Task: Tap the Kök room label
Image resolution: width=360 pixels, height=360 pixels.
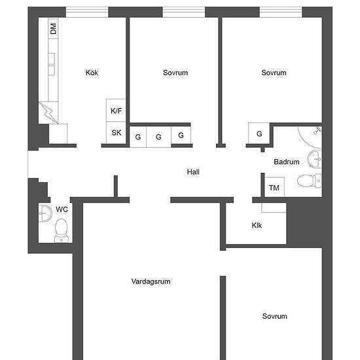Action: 92,73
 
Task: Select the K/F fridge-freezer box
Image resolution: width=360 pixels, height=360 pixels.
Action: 116,111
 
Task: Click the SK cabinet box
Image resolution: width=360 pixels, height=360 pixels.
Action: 116,133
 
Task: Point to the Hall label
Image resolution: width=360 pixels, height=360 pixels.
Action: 192,172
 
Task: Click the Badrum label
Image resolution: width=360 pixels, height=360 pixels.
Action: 287,162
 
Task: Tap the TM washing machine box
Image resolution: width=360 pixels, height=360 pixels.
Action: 274,188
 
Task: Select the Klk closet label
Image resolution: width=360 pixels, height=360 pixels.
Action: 257,226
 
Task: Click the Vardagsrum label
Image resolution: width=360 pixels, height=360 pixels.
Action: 151,281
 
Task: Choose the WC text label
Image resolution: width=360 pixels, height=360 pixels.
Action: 62,209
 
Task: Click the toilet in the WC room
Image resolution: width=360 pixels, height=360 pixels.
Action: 62,229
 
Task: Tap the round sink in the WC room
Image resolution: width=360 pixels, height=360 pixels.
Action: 45,212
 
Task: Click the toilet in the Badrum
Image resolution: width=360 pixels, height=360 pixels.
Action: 307,180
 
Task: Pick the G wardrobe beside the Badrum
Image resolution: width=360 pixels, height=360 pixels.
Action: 259,134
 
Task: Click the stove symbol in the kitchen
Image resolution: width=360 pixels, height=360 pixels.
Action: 48,112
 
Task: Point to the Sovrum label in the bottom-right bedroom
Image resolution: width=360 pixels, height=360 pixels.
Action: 274,316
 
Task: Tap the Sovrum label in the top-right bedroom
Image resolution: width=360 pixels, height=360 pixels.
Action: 274,73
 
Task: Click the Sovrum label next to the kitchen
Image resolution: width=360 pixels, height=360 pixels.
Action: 175,73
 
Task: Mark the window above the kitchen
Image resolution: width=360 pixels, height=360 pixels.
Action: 86,12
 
